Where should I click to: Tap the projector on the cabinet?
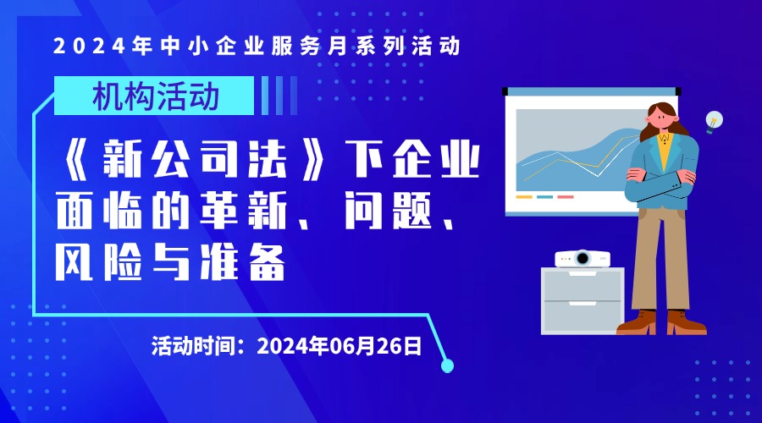pyautogui.click(x=583, y=258)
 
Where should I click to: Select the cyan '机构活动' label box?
pyautogui.click(x=153, y=96)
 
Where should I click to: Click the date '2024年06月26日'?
pyautogui.click(x=339, y=346)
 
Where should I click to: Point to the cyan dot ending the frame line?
pyautogui.click(x=447, y=365)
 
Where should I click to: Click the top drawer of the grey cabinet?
pyautogui.click(x=583, y=285)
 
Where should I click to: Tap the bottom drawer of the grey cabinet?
pyautogui.click(x=583, y=316)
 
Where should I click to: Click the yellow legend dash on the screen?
pyautogui.click(x=524, y=197)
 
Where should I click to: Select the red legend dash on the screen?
pyautogui.click(x=566, y=197)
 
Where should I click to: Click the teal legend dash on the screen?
pyautogui.click(x=544, y=197)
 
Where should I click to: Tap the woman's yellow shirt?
pyautogui.click(x=664, y=150)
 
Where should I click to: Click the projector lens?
pyautogui.click(x=583, y=258)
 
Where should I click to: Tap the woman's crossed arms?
pyautogui.click(x=662, y=182)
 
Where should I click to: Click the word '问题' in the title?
pyautogui.click(x=388, y=211)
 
